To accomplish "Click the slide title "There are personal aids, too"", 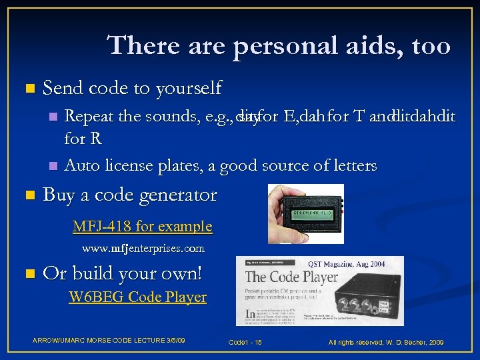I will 279,45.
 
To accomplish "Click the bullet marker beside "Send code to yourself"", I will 27,89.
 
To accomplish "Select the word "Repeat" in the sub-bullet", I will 89,117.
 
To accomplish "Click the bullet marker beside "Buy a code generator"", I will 27,196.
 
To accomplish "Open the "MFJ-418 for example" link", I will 142,227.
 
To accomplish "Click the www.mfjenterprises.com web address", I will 143,249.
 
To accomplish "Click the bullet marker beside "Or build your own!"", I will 27,274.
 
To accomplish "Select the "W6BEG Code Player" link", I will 138,297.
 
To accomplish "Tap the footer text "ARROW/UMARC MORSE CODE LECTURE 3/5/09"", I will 109,341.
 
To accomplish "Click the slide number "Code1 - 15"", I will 245,342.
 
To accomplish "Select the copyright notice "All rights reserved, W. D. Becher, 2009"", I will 385,342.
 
